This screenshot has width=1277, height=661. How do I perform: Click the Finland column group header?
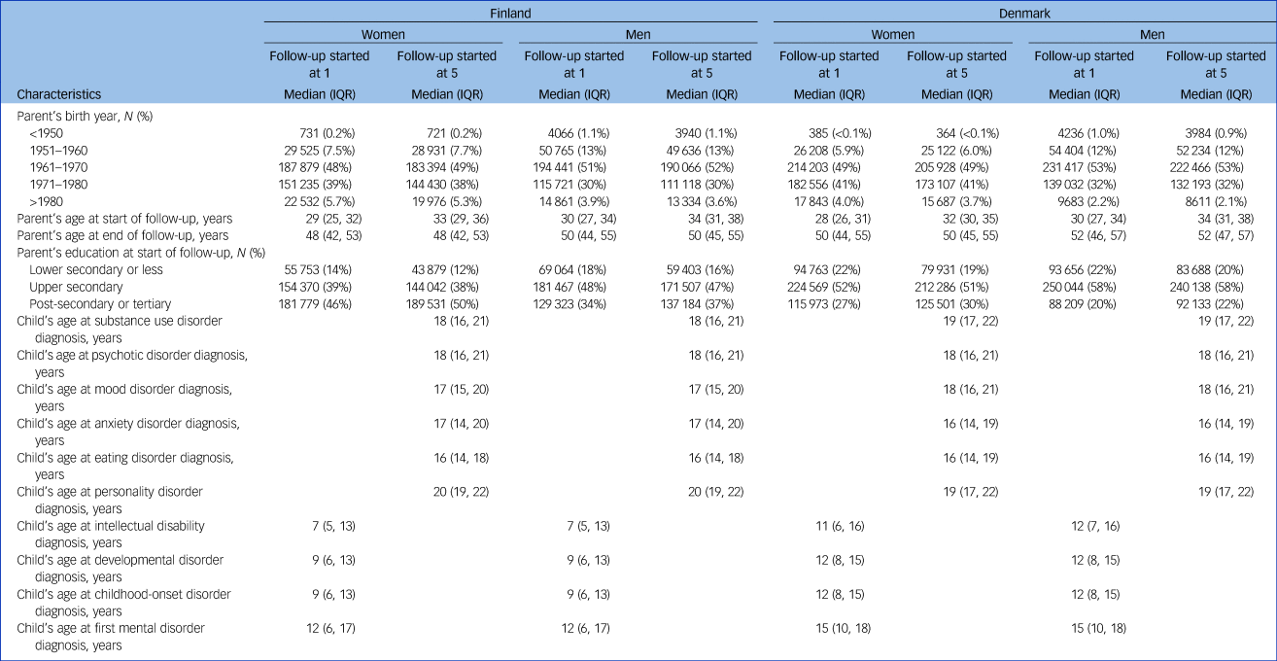(510, 16)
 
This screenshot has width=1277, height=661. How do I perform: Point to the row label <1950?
(46, 131)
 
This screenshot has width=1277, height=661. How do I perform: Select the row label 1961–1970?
(60, 165)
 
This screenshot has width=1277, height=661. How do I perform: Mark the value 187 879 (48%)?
(321, 165)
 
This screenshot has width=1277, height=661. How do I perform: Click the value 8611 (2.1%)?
(1219, 199)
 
